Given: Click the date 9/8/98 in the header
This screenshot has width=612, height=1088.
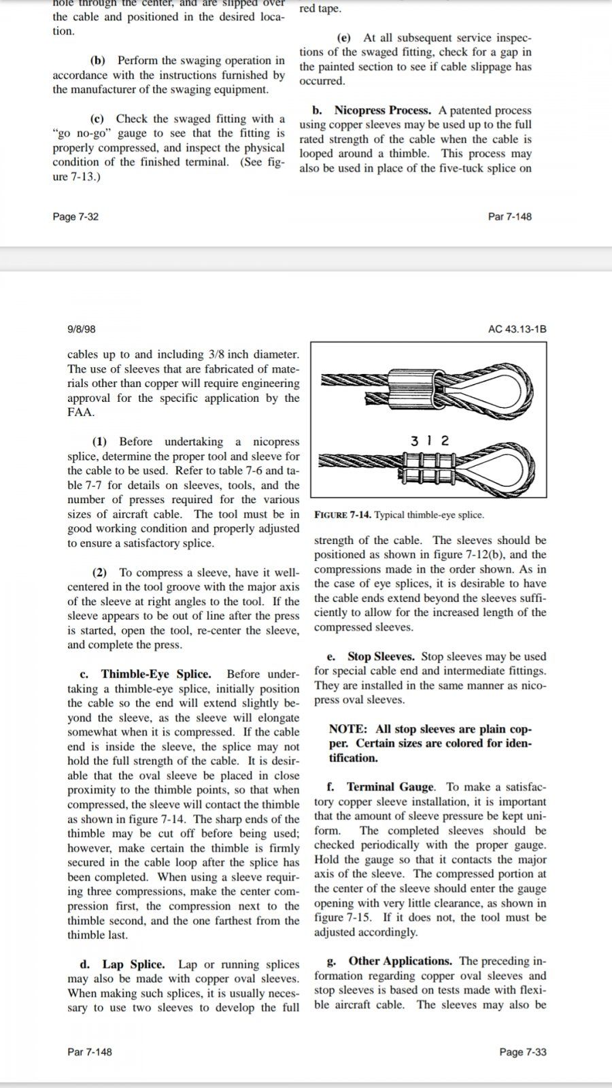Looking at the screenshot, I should pos(81,329).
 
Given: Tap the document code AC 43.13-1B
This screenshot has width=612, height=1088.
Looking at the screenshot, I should pos(517,329).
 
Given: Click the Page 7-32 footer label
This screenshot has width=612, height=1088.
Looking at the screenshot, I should pos(75,217).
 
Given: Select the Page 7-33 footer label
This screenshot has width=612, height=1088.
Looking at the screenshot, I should pos(522,1052).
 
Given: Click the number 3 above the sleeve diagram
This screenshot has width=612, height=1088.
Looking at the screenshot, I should pos(415,441).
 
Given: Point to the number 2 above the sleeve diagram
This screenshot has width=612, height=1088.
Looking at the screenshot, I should pos(445,441).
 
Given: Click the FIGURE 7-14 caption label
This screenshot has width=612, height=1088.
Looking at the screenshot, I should pos(343,515).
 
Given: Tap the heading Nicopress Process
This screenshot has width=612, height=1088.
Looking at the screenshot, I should pos(382,110).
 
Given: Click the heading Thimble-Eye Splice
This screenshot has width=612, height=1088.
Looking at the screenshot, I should pos(156,674).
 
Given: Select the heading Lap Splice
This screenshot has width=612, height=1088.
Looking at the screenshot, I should pos(133,964).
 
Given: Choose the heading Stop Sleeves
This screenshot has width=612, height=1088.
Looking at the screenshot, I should pos(381,657).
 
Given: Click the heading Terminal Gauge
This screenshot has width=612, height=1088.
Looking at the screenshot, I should pos(390,787).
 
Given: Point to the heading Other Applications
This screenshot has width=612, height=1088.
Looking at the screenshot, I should pos(400,961).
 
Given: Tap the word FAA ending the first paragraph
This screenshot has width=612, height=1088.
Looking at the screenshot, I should pos(80,413).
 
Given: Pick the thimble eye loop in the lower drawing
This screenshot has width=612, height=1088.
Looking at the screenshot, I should pos(500,468).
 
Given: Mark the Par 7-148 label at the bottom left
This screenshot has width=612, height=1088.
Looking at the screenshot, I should pos(90,1052).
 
